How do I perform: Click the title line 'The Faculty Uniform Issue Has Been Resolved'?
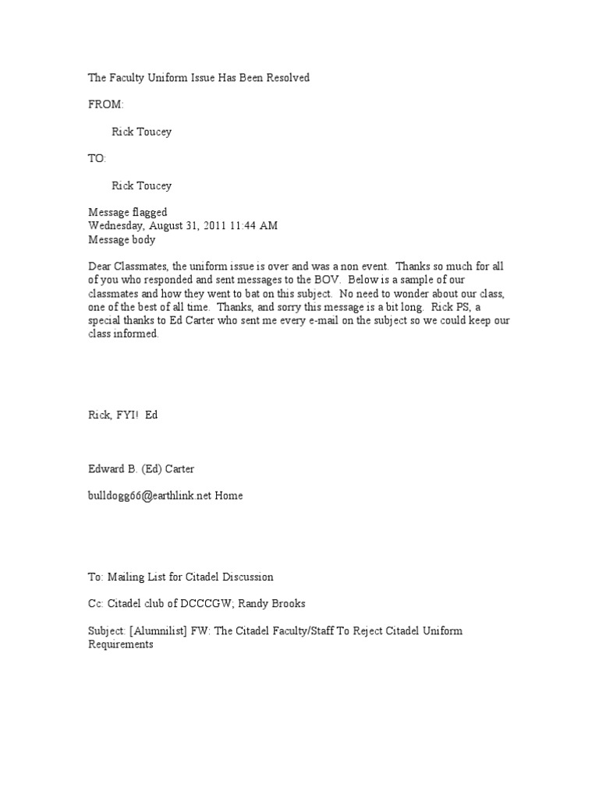[198, 77]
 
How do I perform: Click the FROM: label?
[105, 104]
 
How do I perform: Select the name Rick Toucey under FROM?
[141, 132]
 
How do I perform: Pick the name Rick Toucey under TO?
[141, 185]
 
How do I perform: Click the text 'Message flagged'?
[126, 213]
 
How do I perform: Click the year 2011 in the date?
[211, 226]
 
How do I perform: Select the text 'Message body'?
[121, 240]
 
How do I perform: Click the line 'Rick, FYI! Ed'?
[122, 415]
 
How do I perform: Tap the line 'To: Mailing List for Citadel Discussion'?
[180, 577]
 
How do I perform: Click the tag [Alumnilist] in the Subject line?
[162, 630]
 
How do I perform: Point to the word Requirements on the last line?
[121, 644]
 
